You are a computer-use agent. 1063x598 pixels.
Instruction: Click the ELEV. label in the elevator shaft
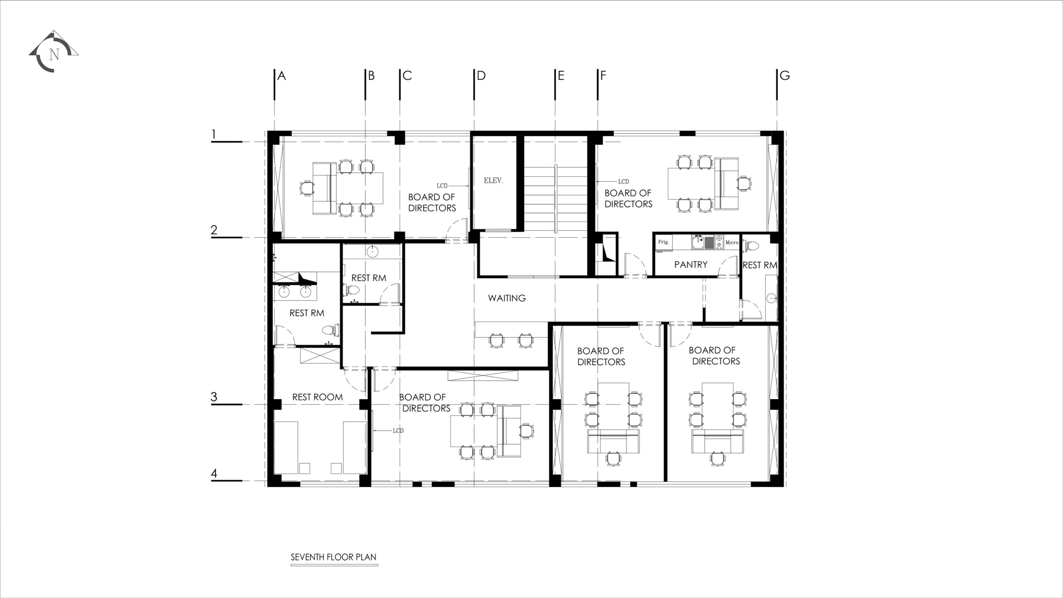(x=494, y=181)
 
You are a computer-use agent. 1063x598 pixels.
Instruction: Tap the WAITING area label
(x=507, y=298)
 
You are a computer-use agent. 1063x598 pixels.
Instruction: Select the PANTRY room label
(x=691, y=264)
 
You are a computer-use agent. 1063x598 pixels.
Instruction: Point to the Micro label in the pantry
(x=732, y=243)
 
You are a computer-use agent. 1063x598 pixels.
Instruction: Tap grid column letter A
(x=282, y=76)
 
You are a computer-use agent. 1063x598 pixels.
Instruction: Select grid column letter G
(x=785, y=76)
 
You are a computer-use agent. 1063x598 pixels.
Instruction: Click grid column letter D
(x=481, y=76)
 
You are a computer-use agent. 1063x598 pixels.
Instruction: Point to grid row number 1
(x=214, y=134)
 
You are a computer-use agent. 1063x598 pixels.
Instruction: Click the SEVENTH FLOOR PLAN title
(x=333, y=557)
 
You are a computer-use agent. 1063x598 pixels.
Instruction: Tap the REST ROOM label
(x=317, y=397)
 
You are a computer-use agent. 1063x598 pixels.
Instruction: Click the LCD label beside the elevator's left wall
(x=442, y=186)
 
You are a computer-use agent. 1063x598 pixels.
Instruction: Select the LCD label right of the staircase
(x=623, y=181)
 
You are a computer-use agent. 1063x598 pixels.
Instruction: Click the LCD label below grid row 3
(x=398, y=431)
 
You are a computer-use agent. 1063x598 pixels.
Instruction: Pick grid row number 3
(x=214, y=397)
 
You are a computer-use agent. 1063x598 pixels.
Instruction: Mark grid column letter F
(x=603, y=76)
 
